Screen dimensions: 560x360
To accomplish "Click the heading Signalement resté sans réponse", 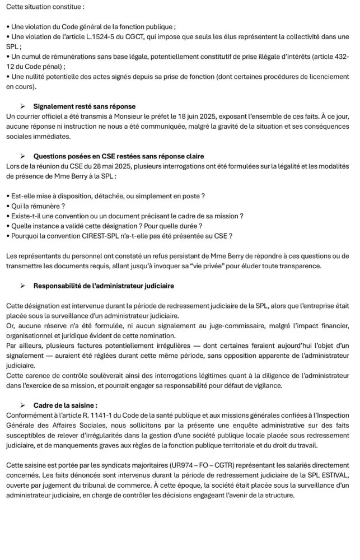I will tap(84, 106).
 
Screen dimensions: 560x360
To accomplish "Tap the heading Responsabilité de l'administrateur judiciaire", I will tap(104, 286).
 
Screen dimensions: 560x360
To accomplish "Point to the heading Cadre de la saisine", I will tap(65, 405).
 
